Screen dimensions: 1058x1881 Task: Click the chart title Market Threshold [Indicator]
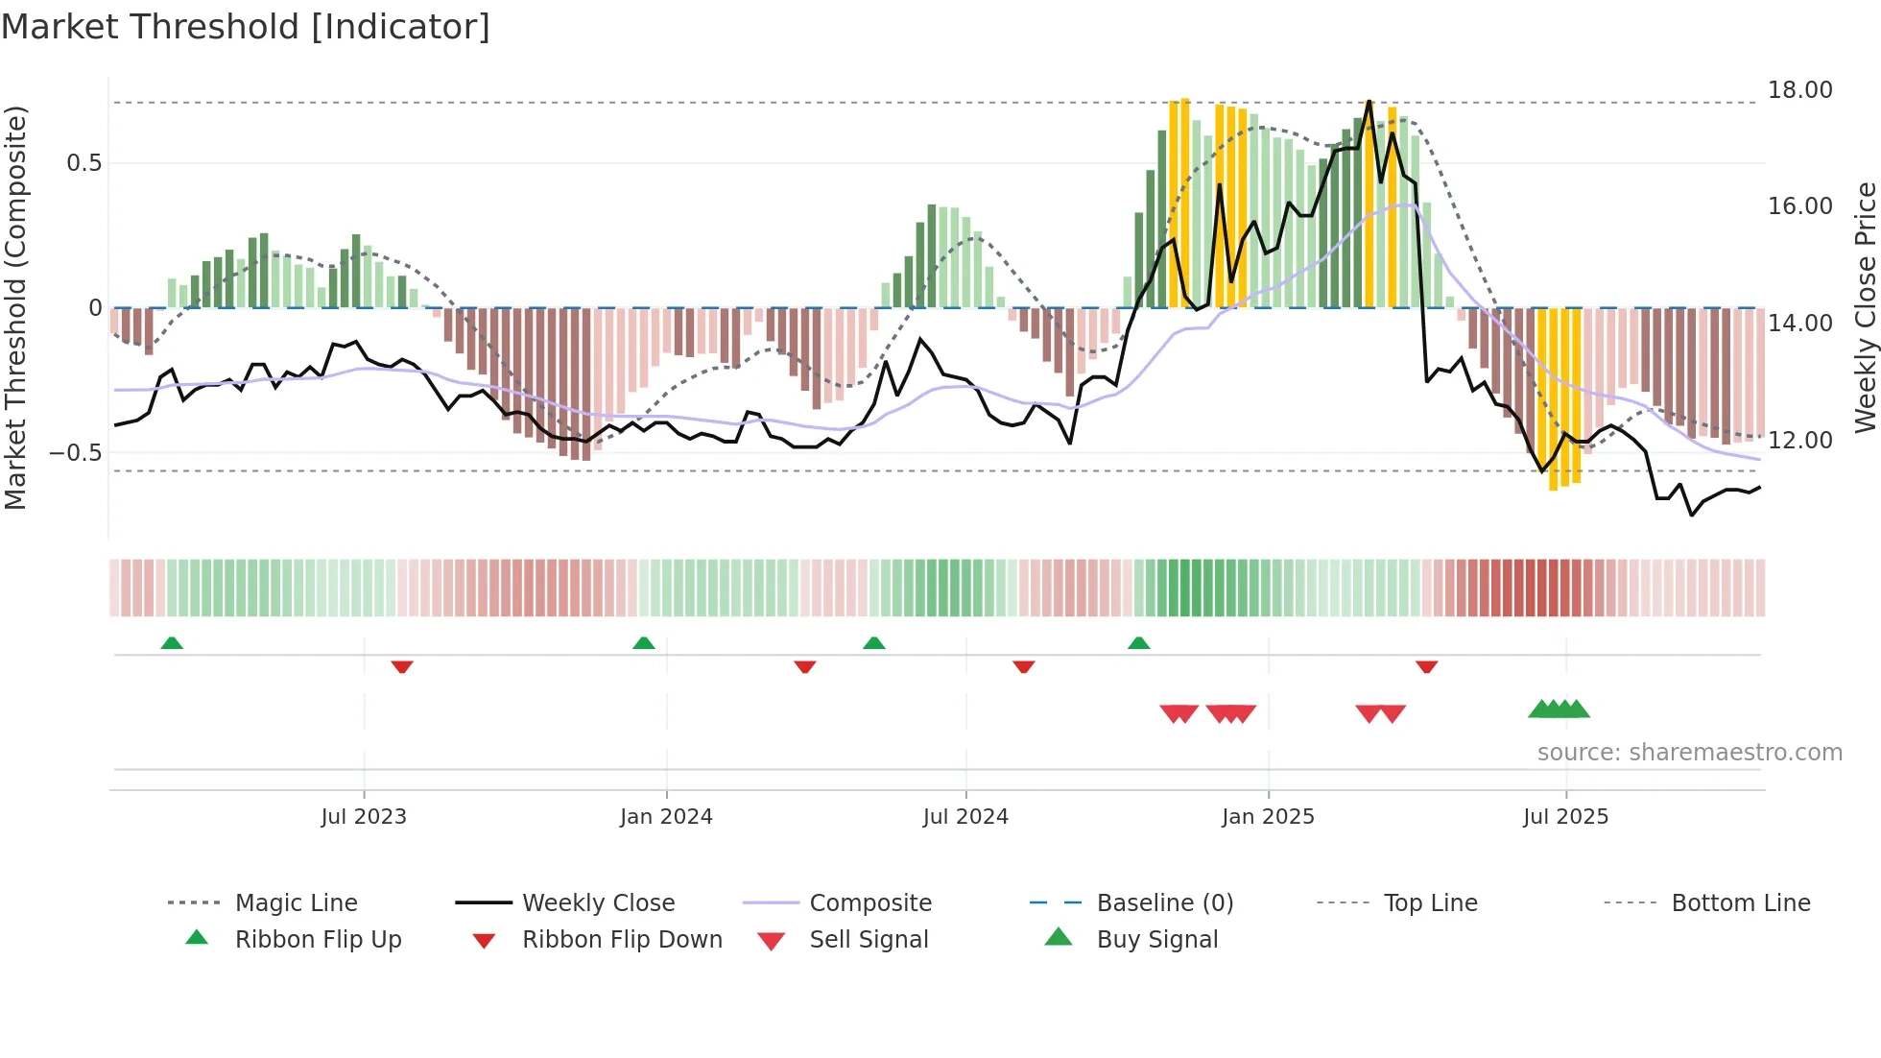[246, 27]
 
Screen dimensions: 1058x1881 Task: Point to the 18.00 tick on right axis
[1799, 90]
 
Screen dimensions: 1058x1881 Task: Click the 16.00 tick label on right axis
[1799, 206]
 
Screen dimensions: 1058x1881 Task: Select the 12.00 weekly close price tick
[1799, 441]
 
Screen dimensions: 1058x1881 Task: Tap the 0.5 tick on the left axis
[83, 163]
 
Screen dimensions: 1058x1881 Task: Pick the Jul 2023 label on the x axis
[364, 817]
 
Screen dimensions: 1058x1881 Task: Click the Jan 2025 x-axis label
[1268, 817]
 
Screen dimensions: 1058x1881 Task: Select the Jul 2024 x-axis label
[965, 817]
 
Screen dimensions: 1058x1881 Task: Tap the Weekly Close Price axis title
[1864, 307]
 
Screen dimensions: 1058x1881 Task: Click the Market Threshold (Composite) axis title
[15, 307]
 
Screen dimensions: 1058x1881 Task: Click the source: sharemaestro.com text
[1689, 753]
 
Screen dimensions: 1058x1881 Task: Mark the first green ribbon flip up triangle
[172, 643]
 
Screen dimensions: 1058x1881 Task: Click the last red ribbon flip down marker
[1426, 666]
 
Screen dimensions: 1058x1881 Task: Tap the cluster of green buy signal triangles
[1559, 709]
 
